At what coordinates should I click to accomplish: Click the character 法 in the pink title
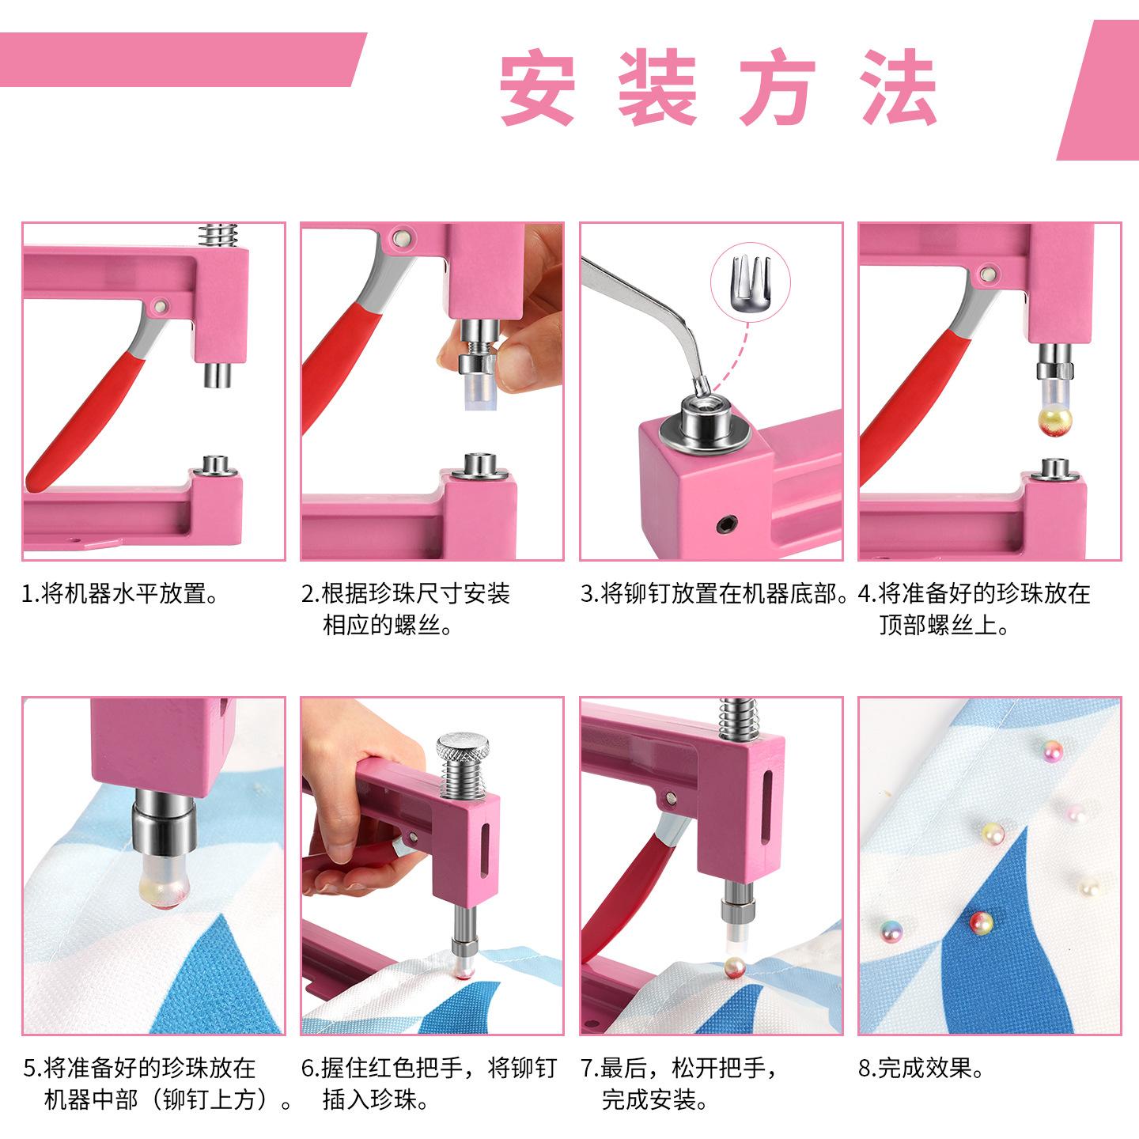[x=898, y=88]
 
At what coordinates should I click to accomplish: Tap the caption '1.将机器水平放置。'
[x=120, y=593]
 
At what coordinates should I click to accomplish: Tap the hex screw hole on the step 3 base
[x=725, y=524]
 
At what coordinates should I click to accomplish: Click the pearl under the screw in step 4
[x=1054, y=420]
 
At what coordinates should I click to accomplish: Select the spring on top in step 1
[x=218, y=235]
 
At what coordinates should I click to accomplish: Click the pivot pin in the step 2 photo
[x=403, y=238]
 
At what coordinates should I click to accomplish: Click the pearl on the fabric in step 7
[x=734, y=967]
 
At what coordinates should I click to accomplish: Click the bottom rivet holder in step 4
[x=1055, y=471]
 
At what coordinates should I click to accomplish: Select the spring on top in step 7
[x=738, y=719]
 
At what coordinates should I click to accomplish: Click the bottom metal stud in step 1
[x=216, y=467]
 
